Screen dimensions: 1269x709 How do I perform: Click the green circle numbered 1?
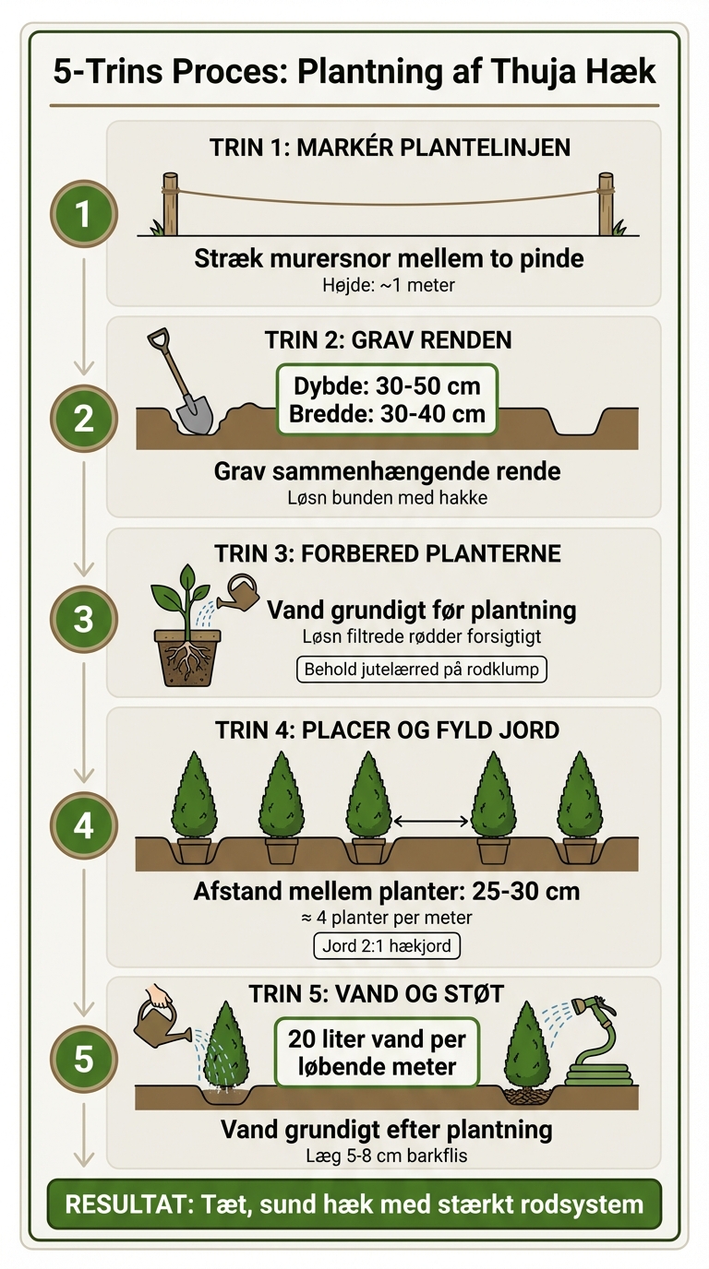pyautogui.click(x=83, y=214)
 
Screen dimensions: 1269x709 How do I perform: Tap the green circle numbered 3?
pyautogui.click(x=83, y=618)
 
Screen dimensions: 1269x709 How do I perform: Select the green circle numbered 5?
pyautogui.click(x=83, y=1059)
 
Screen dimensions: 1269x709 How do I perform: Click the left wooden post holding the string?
pyautogui.click(x=170, y=204)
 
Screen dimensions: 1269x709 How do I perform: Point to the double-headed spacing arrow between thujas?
pyautogui.click(x=431, y=819)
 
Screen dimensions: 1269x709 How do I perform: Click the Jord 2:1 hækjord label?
pyautogui.click(x=387, y=945)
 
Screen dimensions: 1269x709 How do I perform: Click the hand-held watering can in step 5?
pyautogui.click(x=160, y=1019)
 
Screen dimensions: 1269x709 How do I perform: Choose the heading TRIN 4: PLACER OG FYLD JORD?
pyautogui.click(x=387, y=730)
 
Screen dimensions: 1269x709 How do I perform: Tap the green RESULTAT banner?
pyautogui.click(x=354, y=1204)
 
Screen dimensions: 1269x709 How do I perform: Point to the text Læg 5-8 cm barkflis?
pyautogui.click(x=386, y=1155)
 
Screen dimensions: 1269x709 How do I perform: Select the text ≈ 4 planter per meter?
pyautogui.click(x=387, y=918)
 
